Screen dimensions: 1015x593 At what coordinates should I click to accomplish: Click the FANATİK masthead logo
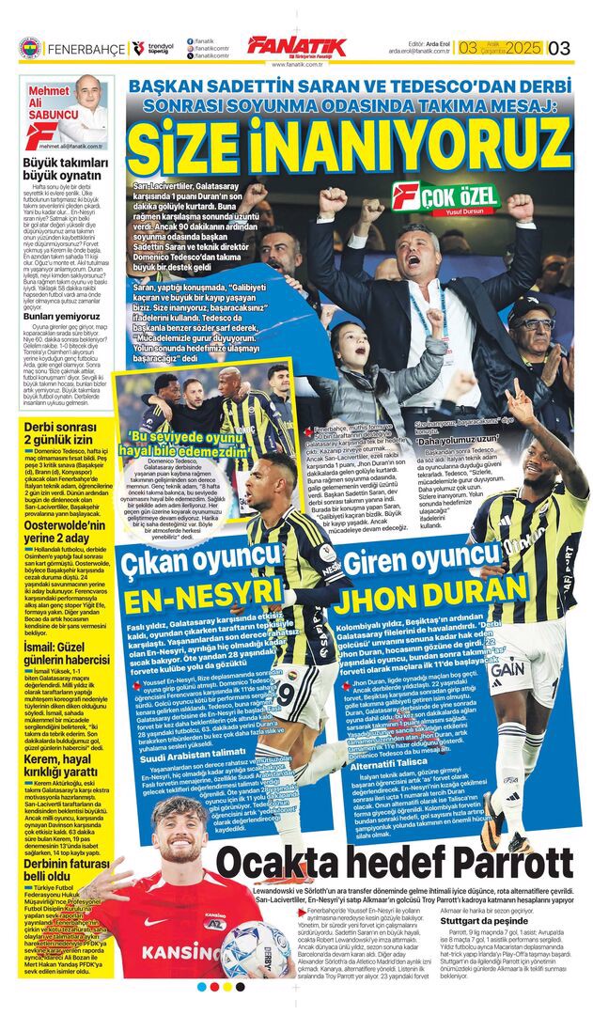(296, 46)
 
